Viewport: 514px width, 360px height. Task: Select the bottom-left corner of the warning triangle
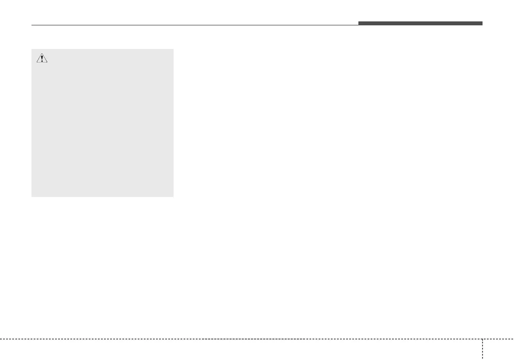click(37, 63)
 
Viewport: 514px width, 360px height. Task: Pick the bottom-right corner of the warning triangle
click(48, 63)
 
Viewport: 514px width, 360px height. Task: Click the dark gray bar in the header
click(420, 23)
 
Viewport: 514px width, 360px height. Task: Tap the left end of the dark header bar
click(359, 23)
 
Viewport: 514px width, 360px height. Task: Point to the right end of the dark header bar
click(482, 23)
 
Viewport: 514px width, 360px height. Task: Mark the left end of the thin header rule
click(32, 25)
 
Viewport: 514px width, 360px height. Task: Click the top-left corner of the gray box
click(32, 49)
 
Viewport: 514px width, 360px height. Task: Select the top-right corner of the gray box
click(173, 49)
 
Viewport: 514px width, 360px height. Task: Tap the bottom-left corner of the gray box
click(32, 196)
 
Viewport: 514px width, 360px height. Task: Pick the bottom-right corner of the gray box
click(173, 196)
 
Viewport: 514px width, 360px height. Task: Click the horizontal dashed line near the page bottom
click(240, 339)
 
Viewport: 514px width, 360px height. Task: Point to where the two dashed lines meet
click(483, 339)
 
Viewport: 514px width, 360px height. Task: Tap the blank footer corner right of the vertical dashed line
click(499, 350)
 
